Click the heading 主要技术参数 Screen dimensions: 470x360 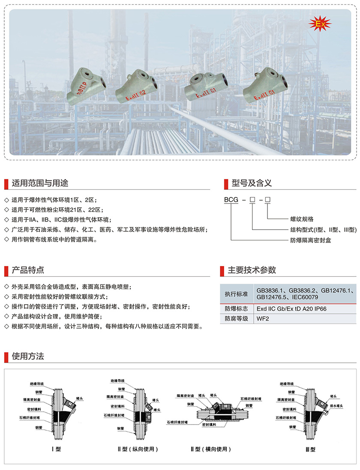click(x=252, y=270)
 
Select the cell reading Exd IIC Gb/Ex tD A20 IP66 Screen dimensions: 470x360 click(x=291, y=308)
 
